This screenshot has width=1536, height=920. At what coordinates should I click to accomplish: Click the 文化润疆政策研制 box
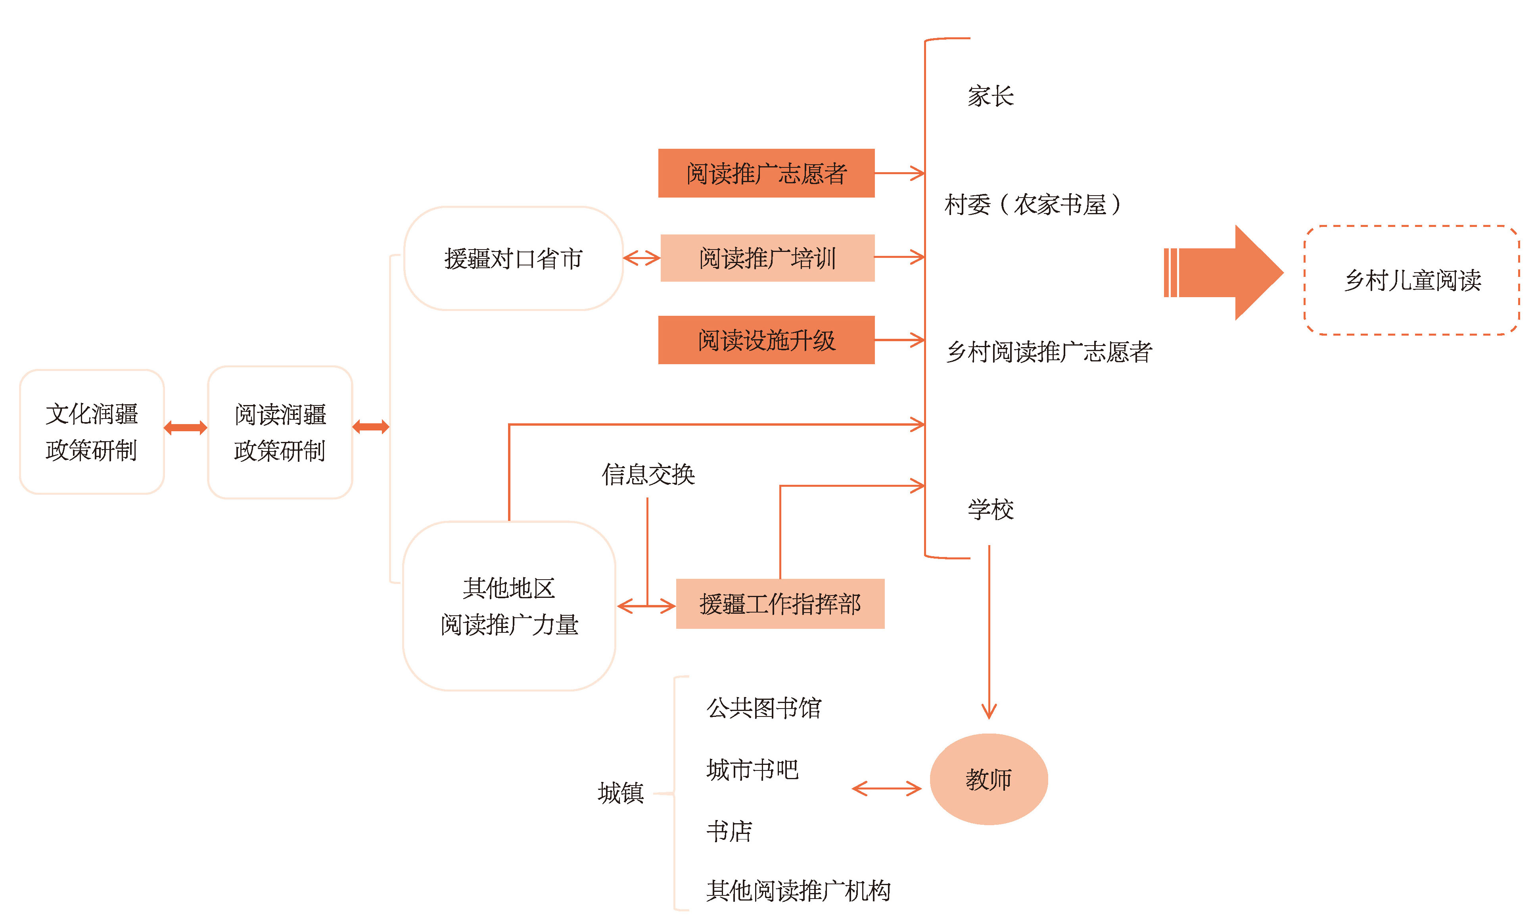(x=92, y=432)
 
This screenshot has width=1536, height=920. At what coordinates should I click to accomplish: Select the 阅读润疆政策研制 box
(x=280, y=432)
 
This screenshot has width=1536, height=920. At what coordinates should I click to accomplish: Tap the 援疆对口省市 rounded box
(x=513, y=259)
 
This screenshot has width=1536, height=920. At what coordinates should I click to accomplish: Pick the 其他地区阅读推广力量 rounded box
(x=509, y=606)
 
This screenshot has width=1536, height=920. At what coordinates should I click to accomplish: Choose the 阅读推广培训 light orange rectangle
(x=767, y=258)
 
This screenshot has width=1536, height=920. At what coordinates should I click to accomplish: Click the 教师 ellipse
(x=988, y=779)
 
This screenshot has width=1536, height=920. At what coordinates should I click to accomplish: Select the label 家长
(x=990, y=96)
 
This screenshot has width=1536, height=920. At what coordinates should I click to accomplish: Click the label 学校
(x=990, y=510)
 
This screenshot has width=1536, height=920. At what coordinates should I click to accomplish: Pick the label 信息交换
(x=648, y=474)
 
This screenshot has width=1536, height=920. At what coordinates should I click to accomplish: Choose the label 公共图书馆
(x=763, y=707)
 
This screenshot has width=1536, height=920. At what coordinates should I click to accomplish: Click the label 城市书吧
(x=752, y=769)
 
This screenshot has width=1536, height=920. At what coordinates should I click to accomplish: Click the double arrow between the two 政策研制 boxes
(x=185, y=428)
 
